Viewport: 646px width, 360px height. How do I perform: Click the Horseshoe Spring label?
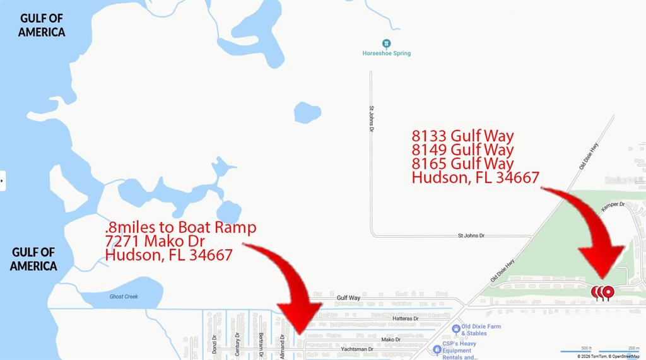[386, 54]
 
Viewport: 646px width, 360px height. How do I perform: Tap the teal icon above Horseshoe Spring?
[386, 44]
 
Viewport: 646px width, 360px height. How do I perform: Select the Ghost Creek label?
[124, 296]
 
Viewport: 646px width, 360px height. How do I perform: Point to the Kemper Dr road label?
[613, 205]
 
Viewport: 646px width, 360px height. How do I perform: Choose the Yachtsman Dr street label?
[357, 349]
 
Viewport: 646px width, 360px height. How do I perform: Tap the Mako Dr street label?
[391, 339]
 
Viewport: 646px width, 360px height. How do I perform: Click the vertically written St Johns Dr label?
[372, 119]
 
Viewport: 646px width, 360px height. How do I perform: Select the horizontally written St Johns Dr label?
[471, 235]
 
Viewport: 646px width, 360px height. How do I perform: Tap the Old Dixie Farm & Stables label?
[481, 330]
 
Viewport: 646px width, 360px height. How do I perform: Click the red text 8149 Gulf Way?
[462, 150]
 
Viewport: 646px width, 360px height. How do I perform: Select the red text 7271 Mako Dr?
[155, 241]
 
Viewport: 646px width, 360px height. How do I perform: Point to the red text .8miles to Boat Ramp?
[180, 227]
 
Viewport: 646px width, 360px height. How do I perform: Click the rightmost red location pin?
[608, 292]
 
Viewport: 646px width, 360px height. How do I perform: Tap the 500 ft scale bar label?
[586, 347]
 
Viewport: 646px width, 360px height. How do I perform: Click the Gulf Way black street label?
[348, 298]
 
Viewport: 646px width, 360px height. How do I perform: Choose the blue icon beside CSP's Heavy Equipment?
[437, 349]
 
